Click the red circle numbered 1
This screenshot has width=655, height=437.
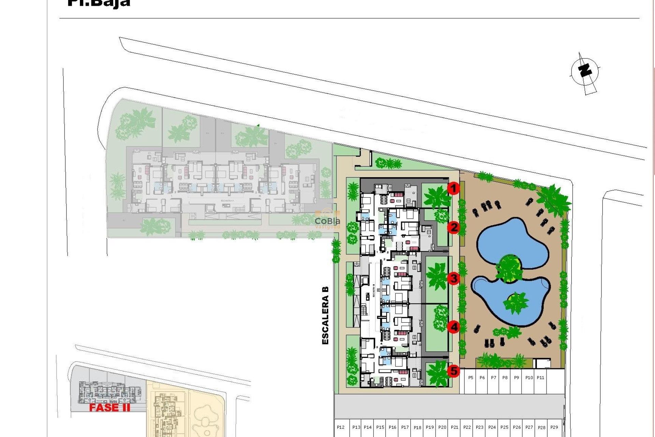point(453,188)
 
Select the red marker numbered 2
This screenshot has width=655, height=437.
point(454,227)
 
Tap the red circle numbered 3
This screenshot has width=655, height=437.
point(454,278)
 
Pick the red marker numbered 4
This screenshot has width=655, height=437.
point(454,327)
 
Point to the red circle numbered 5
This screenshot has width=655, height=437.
point(454,371)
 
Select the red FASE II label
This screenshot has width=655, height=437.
point(110,408)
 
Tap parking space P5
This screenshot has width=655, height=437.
point(470,378)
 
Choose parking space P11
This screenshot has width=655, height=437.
point(540,378)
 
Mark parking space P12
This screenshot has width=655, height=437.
point(340,427)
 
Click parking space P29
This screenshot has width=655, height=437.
point(554,427)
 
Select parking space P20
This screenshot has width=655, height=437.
point(442,427)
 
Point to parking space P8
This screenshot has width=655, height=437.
point(505,378)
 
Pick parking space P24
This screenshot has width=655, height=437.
point(492,427)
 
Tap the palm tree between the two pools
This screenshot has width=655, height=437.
point(509,268)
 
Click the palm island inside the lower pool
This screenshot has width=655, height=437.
point(515,302)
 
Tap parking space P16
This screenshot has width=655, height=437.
point(392,427)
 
